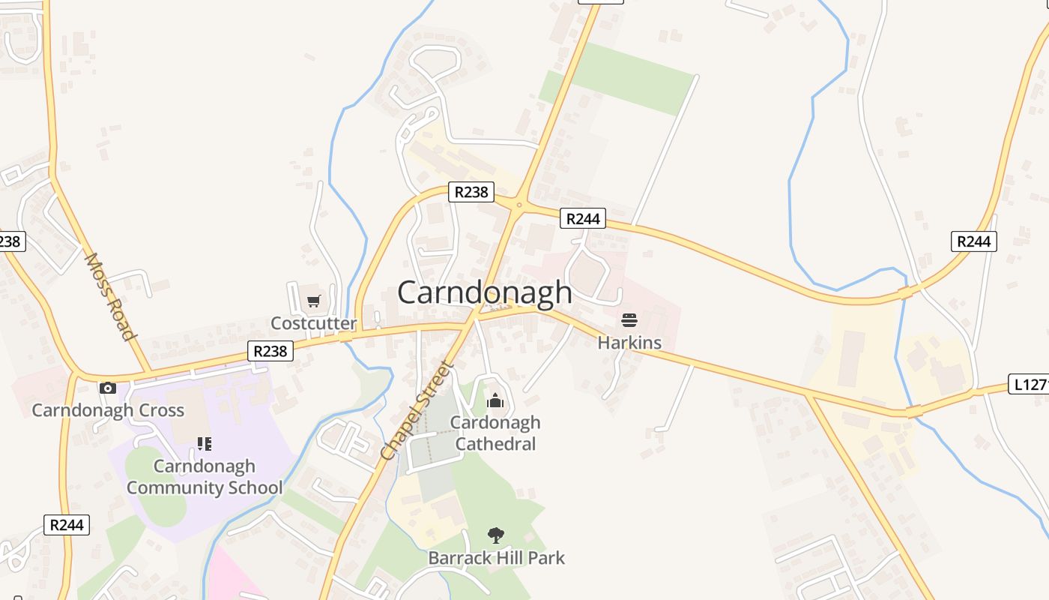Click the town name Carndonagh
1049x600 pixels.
pyautogui.click(x=485, y=292)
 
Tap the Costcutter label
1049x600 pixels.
pyautogui.click(x=313, y=323)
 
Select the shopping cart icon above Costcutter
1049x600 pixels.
pyautogui.click(x=313, y=301)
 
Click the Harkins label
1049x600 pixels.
pyautogui.click(x=629, y=343)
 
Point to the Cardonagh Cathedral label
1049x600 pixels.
pyautogui.click(x=495, y=433)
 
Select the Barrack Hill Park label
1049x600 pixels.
pyautogui.click(x=496, y=558)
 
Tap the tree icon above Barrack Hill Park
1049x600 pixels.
pyautogui.click(x=495, y=535)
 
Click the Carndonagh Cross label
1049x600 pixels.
pyautogui.click(x=108, y=410)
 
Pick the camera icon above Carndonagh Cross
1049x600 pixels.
pyautogui.click(x=108, y=388)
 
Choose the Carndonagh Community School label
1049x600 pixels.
pyautogui.click(x=205, y=477)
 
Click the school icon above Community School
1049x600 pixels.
pyautogui.click(x=204, y=444)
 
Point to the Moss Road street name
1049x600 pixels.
pyautogui.click(x=109, y=296)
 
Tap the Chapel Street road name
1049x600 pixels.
pyautogui.click(x=417, y=411)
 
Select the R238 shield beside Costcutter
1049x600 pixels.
pyautogui.click(x=270, y=351)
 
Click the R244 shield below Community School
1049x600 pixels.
pyautogui.click(x=67, y=525)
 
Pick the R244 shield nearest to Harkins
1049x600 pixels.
pyautogui.click(x=583, y=218)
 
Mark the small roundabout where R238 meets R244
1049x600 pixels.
pyautogui.click(x=519, y=204)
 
